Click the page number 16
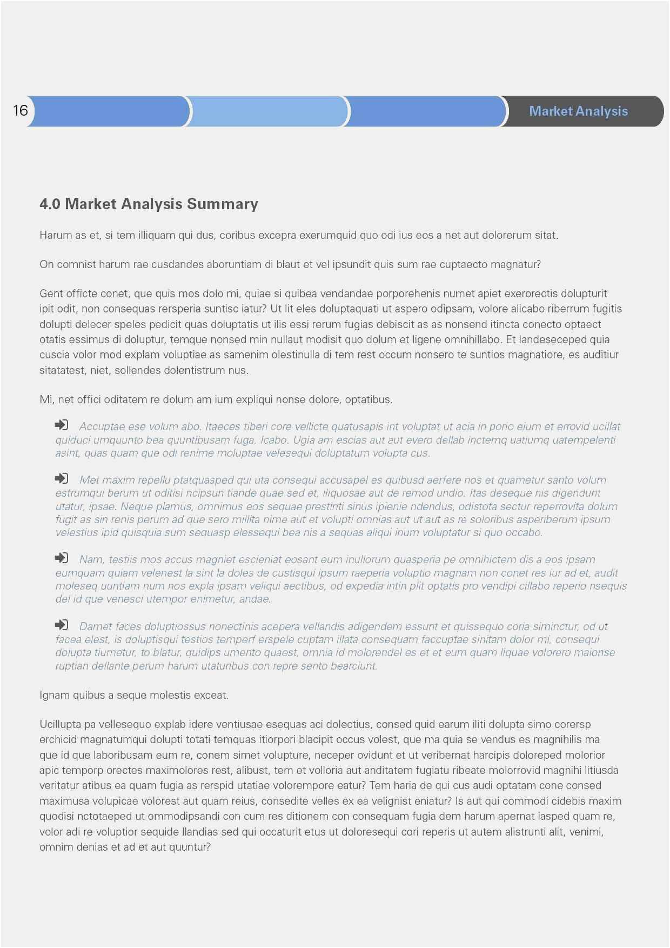(x=21, y=111)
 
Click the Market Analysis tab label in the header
(x=578, y=111)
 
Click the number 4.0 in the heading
(x=50, y=204)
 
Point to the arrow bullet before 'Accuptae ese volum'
(x=62, y=425)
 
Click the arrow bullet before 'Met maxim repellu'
(x=62, y=478)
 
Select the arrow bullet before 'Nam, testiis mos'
(x=62, y=558)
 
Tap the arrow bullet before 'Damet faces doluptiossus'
(x=62, y=625)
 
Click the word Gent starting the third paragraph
(x=51, y=293)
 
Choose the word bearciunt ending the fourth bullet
(x=354, y=666)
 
